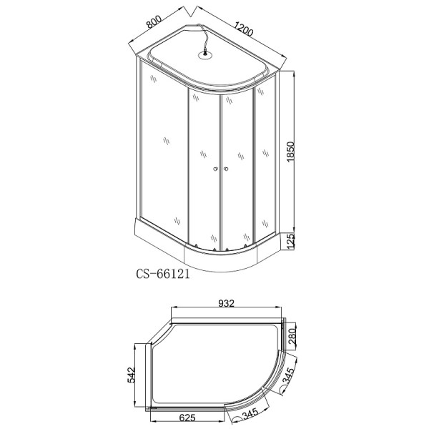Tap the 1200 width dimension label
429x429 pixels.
point(242,30)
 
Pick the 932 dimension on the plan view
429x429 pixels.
point(227,305)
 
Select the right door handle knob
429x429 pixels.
point(225,169)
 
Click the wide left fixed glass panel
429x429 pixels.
point(162,150)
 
